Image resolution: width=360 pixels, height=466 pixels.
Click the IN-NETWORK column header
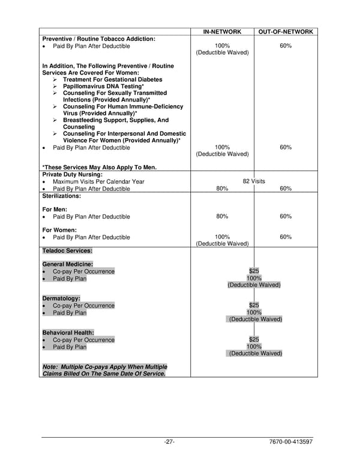pyautogui.click(x=222, y=31)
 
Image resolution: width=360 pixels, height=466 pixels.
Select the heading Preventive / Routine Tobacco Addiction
pyautogui.click(x=98, y=38)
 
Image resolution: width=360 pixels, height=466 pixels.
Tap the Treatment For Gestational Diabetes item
pyautogui.click(x=112, y=79)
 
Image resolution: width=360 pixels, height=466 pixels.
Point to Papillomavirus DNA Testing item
pyautogui.click(x=103, y=86)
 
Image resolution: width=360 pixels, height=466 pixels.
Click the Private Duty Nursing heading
pyautogui.click(x=72, y=174)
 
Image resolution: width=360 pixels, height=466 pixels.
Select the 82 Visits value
pyautogui.click(x=254, y=181)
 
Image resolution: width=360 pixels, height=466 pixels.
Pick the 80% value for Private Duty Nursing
pyautogui.click(x=222, y=189)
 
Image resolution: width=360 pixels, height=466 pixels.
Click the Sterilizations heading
pyautogui.click(x=61, y=196)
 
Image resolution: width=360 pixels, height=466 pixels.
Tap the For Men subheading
pyautogui.click(x=55, y=210)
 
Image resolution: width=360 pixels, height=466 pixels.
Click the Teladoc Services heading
pyautogui.click(x=67, y=250)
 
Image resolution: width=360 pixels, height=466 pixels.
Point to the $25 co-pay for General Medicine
pyautogui.click(x=254, y=271)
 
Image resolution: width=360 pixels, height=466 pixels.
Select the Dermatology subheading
pyautogui.click(x=61, y=298)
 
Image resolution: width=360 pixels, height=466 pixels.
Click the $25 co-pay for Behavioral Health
pyautogui.click(x=254, y=340)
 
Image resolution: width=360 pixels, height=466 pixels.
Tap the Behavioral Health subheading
pyautogui.click(x=68, y=333)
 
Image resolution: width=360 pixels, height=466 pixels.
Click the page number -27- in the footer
pyautogui.click(x=169, y=443)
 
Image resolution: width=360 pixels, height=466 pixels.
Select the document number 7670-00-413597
pyautogui.click(x=291, y=443)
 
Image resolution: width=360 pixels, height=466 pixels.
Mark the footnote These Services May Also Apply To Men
pyautogui.click(x=103, y=168)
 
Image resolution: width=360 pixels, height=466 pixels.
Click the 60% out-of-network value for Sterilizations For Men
pyautogui.click(x=286, y=217)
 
